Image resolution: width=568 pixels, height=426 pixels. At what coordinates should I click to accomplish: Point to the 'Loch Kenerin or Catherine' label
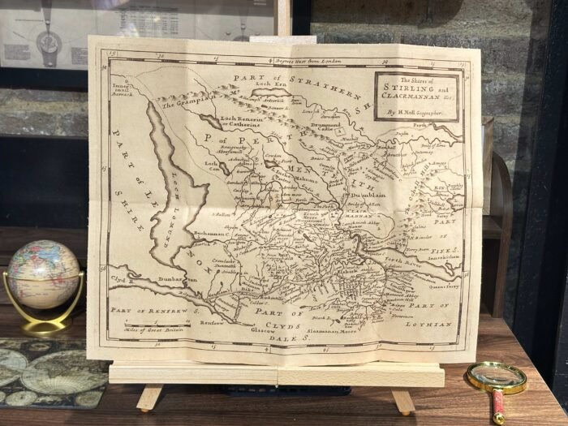(235, 123)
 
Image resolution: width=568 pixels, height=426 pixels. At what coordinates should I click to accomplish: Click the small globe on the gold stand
(44, 273)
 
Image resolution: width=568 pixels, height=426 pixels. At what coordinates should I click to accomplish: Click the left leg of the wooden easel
(149, 397)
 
